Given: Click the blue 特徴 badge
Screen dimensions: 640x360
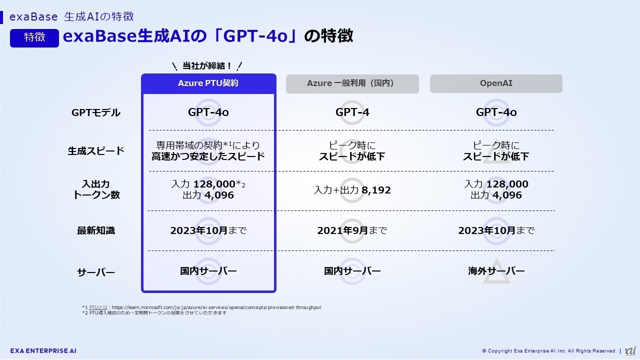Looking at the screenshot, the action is [x=34, y=37].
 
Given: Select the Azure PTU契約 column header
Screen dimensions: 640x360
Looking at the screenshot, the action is [x=208, y=83].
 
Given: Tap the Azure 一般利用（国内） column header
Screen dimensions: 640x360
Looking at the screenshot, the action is [x=352, y=83].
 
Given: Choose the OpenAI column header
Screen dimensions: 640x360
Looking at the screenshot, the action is [x=496, y=83].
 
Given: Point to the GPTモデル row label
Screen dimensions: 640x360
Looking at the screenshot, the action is [x=95, y=112].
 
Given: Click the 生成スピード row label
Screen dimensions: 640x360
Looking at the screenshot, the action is [x=96, y=151].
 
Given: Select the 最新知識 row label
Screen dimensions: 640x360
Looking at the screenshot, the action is [x=96, y=230].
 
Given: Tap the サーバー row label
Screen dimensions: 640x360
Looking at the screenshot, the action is [x=96, y=272].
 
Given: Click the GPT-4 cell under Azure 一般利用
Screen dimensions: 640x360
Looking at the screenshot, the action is [x=352, y=112].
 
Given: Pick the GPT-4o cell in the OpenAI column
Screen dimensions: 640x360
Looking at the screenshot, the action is [x=496, y=112].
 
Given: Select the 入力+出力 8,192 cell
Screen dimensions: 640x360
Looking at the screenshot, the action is [x=352, y=190].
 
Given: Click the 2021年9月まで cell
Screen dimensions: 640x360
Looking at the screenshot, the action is [x=352, y=230].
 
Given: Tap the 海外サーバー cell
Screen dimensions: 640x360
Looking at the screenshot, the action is [x=496, y=271].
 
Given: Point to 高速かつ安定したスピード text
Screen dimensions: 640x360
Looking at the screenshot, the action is [x=208, y=156].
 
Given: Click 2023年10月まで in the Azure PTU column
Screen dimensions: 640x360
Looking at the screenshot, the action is [x=208, y=230].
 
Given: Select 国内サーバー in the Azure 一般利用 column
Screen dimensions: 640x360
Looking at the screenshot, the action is [x=352, y=271].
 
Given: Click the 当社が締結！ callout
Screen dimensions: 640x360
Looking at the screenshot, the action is [x=207, y=66].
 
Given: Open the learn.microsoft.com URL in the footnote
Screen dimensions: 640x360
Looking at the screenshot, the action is [x=216, y=307].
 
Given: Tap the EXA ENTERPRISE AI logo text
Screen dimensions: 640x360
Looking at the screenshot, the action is [x=43, y=351].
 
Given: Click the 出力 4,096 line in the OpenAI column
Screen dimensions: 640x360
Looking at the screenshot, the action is [x=496, y=195].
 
